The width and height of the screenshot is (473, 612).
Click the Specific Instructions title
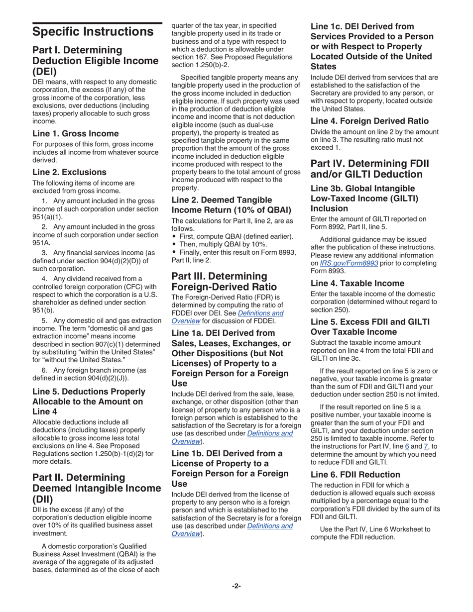point(93,32)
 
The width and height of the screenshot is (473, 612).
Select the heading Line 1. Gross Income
point(75,133)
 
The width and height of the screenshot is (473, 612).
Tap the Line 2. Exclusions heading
point(69,172)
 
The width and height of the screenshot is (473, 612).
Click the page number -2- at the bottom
point(236,586)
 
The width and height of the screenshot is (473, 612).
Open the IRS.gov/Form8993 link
point(349,263)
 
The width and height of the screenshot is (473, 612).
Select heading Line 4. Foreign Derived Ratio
point(369,121)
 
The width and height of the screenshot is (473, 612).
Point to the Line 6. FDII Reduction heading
point(355,475)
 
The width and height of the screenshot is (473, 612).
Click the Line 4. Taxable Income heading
point(357,284)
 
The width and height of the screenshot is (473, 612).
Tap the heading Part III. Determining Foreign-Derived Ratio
point(219,282)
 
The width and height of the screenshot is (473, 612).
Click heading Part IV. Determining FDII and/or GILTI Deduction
point(369,169)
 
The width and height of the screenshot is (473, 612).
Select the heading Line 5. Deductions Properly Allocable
point(89,402)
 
